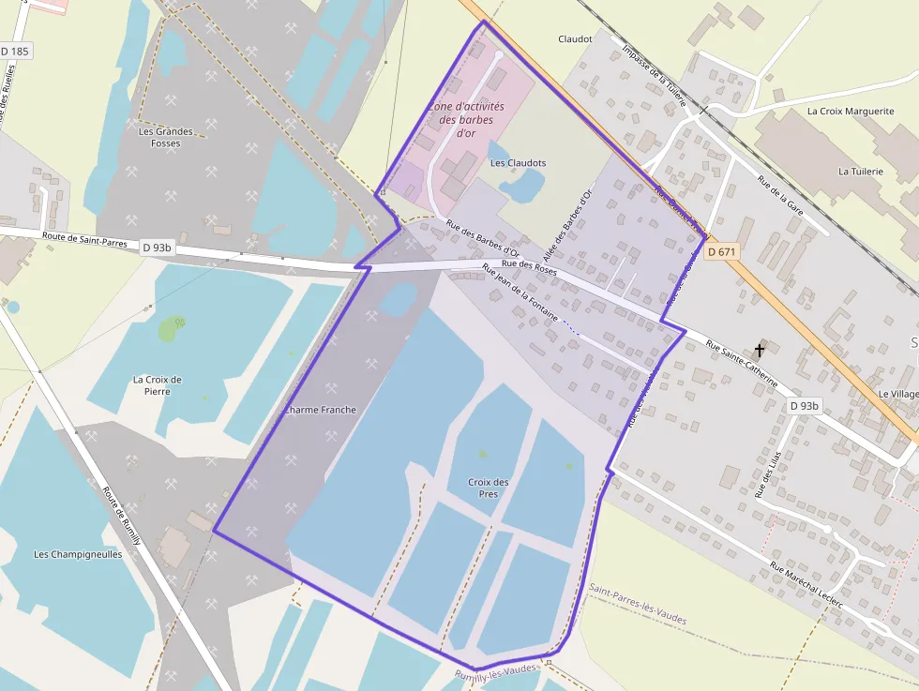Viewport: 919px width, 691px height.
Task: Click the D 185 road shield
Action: tap(15, 51)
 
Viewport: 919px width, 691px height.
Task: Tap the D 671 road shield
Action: tap(722, 251)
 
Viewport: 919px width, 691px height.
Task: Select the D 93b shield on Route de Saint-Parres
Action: tap(158, 248)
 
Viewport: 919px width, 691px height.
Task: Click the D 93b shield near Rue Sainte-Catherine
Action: tap(804, 406)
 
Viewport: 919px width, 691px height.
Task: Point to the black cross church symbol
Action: tap(759, 350)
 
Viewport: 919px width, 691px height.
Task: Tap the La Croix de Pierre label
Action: tap(158, 385)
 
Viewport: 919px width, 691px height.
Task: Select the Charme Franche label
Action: tap(320, 410)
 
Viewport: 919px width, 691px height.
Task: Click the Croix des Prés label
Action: tap(488, 488)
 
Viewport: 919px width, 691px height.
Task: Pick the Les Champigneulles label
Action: tap(78, 554)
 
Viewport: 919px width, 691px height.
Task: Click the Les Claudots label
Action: tap(518, 163)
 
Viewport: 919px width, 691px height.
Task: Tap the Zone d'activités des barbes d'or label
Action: tap(466, 120)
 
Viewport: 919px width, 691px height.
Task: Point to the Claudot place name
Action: tap(575, 39)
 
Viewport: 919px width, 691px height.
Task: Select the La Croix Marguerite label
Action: tap(851, 111)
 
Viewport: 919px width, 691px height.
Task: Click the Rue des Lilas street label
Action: tap(768, 473)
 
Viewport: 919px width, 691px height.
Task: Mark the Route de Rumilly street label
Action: tap(121, 516)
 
